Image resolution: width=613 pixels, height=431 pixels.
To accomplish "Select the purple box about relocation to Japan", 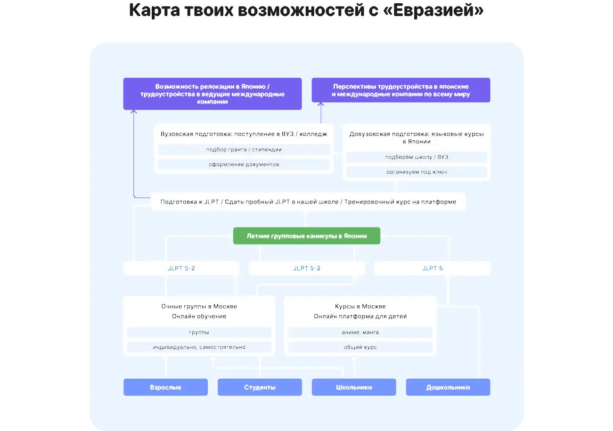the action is click(213, 94).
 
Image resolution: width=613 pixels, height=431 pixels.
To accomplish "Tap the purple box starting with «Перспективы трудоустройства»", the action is click(401, 90).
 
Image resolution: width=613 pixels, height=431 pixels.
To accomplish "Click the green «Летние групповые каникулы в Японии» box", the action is click(306, 236).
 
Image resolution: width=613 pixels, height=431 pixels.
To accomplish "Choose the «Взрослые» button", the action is click(165, 387).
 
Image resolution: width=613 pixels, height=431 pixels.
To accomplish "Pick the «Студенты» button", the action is click(260, 387).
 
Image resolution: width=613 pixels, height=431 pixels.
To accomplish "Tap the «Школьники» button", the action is click(354, 387).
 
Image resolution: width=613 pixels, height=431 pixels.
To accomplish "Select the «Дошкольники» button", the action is click(448, 387).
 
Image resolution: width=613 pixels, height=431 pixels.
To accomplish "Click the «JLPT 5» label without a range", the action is click(433, 268).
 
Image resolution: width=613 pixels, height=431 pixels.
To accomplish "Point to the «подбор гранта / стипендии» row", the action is click(244, 150).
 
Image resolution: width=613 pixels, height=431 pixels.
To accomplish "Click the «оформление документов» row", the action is click(244, 164).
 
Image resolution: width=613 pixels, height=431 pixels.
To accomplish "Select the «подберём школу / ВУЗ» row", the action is click(417, 157).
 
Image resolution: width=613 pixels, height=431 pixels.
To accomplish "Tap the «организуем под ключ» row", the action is click(417, 172).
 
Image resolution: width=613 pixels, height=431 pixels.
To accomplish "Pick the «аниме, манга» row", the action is click(360, 332).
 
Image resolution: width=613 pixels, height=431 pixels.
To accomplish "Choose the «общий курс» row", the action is click(360, 347).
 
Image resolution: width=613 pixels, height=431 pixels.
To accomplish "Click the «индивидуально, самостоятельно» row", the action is click(199, 347).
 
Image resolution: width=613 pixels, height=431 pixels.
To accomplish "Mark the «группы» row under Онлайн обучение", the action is click(199, 332).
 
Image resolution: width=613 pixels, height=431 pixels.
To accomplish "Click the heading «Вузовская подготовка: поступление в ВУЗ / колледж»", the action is click(244, 134).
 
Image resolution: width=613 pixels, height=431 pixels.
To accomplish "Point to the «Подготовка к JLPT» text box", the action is click(308, 202).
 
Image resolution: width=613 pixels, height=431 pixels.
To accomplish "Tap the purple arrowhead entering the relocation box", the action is click(133, 111).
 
